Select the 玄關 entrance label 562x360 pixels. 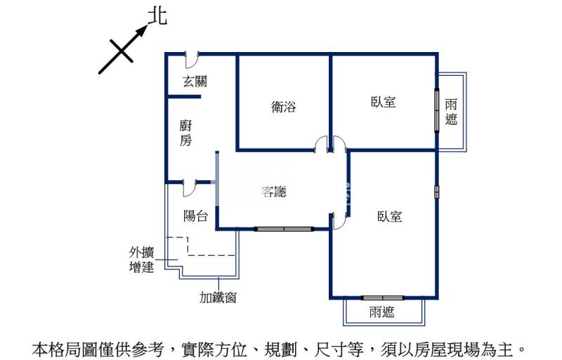click(x=195, y=82)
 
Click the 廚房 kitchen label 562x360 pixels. click(x=185, y=133)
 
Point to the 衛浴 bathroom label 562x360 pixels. click(x=283, y=107)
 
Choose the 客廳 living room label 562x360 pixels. click(x=274, y=191)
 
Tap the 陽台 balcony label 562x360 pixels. click(x=195, y=216)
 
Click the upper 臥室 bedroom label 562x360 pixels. click(x=383, y=102)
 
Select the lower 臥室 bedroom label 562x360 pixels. click(x=388, y=217)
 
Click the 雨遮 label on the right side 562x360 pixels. click(x=451, y=111)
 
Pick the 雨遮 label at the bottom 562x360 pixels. click(x=381, y=312)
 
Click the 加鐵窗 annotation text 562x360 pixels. click(x=218, y=297)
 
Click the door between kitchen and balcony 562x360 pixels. click(x=189, y=186)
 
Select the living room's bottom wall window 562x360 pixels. click(x=283, y=229)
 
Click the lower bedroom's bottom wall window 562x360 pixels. click(x=382, y=298)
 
